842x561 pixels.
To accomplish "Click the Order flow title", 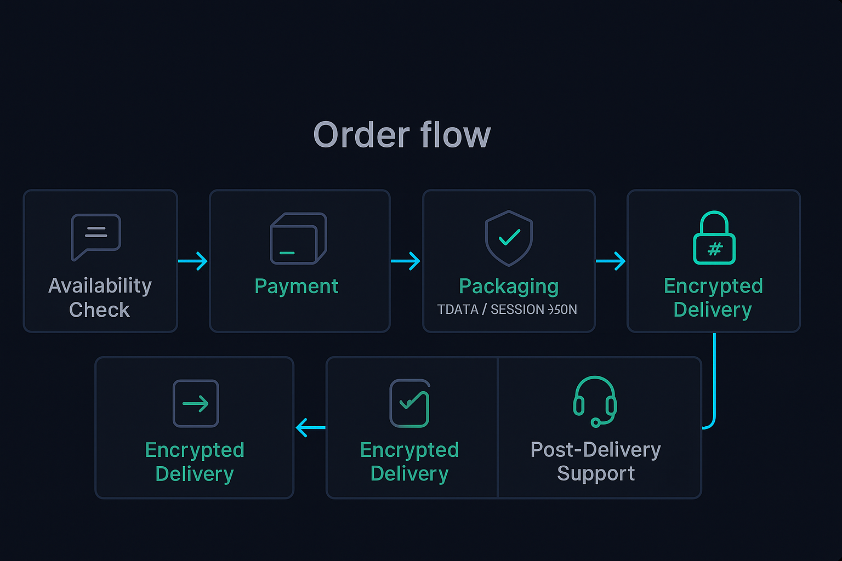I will (x=402, y=135).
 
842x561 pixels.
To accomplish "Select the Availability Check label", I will (x=100, y=297).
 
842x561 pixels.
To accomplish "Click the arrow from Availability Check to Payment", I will (x=193, y=261).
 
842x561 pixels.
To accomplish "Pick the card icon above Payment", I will (x=298, y=238).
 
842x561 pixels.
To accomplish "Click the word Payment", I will (x=297, y=287).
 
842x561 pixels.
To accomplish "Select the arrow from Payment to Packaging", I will (x=406, y=261).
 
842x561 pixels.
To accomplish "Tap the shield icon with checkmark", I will (x=509, y=238).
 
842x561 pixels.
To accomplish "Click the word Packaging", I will (x=509, y=287).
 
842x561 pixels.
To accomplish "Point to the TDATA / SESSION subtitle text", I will (x=507, y=310).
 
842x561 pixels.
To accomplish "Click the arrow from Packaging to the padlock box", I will (x=611, y=261).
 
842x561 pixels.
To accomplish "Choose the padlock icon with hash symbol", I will (x=714, y=238).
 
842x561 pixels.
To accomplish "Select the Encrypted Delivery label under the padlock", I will (x=713, y=297).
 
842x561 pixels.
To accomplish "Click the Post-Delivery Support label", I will (x=596, y=461).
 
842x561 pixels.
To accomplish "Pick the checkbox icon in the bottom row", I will (x=409, y=403).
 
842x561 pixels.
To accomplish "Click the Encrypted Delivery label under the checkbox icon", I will (x=409, y=461).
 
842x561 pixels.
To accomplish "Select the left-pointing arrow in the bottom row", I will (x=310, y=427).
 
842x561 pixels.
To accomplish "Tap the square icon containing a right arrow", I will (x=196, y=403).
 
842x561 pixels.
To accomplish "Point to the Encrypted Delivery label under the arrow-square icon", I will (x=195, y=461).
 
